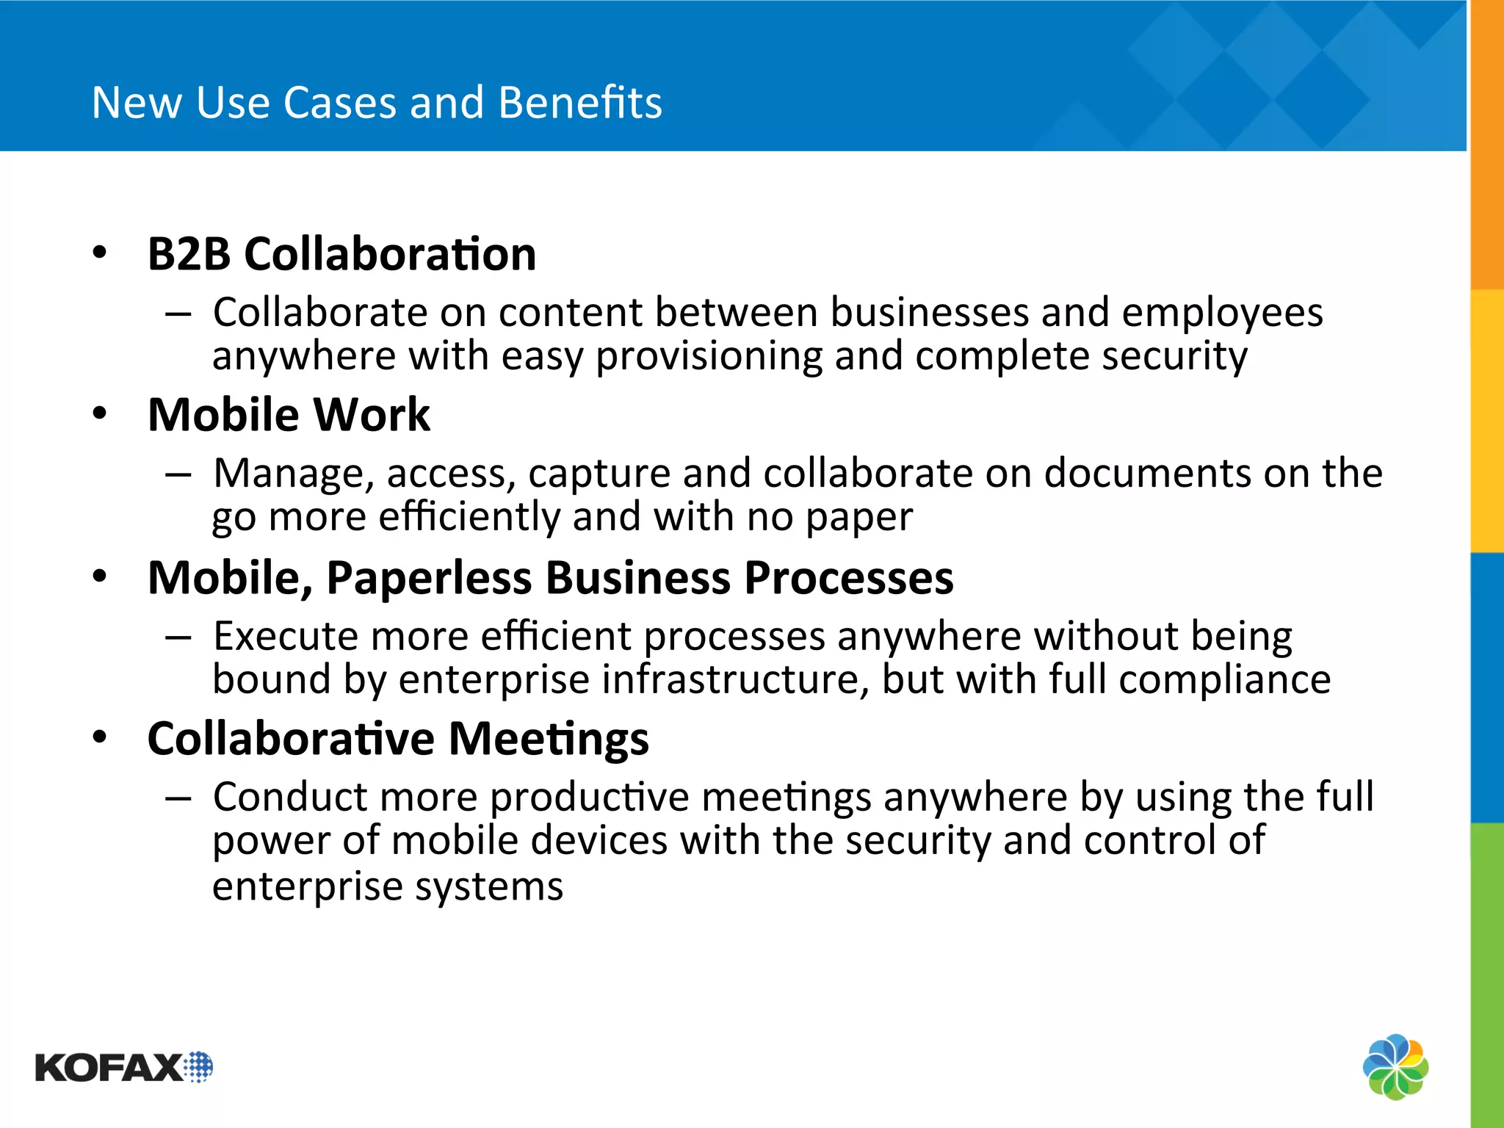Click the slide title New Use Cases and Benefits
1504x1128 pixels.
tap(377, 102)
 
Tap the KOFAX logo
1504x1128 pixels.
tap(123, 1067)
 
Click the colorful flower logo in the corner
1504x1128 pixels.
tap(1395, 1066)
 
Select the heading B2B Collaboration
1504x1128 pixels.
tap(341, 254)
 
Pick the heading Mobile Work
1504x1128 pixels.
tap(289, 415)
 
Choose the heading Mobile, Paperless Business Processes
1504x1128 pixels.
tap(550, 578)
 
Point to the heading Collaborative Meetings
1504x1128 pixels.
tap(398, 739)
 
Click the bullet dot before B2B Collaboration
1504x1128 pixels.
tap(100, 253)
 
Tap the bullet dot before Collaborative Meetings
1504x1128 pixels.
tap(100, 737)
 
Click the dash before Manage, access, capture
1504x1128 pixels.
tap(178, 475)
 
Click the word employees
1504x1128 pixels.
tap(1222, 314)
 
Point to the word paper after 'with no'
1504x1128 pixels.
tap(859, 518)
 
